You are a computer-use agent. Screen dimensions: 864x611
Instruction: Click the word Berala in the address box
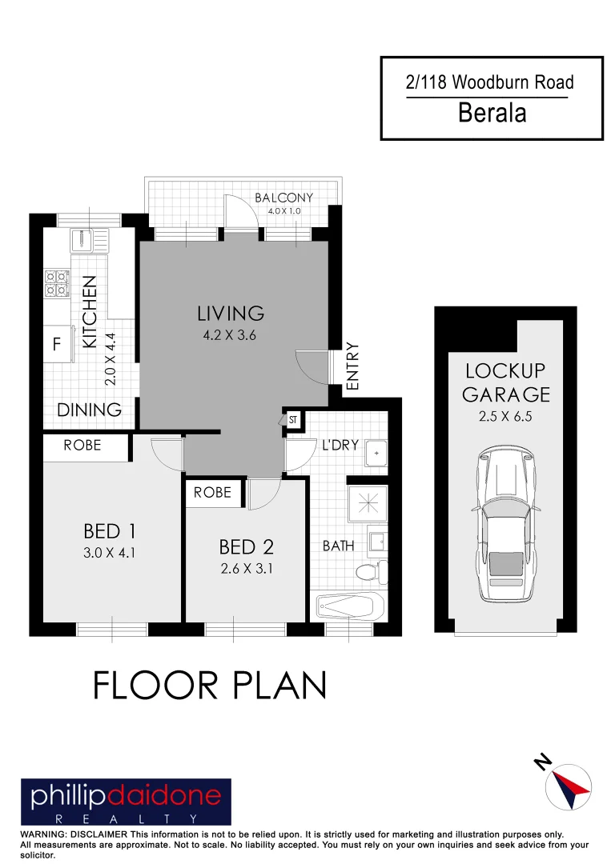pyautogui.click(x=492, y=113)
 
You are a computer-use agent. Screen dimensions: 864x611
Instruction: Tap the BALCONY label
pyautogui.click(x=283, y=198)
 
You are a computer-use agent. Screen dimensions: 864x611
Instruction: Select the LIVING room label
pyautogui.click(x=231, y=313)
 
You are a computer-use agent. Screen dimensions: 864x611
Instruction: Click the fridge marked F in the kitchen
pyautogui.click(x=56, y=346)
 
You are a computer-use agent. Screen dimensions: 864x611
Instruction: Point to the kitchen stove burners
pyautogui.click(x=56, y=283)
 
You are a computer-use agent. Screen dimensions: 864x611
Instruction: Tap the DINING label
pyautogui.click(x=90, y=410)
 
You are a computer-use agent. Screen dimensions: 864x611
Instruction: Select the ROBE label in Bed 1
pyautogui.click(x=82, y=446)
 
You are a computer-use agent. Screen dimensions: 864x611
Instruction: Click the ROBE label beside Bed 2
pyautogui.click(x=212, y=492)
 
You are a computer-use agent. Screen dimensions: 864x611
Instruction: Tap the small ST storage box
pyautogui.click(x=292, y=418)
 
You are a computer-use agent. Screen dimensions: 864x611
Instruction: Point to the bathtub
pyautogui.click(x=351, y=606)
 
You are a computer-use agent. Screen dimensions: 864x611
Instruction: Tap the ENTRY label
pyautogui.click(x=353, y=366)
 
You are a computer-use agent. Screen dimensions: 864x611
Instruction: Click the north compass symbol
pyautogui.click(x=567, y=785)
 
